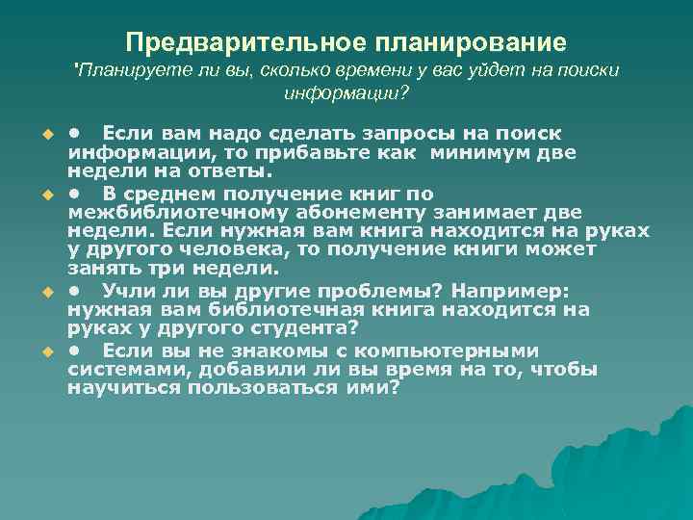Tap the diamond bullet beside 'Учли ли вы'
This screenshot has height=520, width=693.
(x=46, y=290)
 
